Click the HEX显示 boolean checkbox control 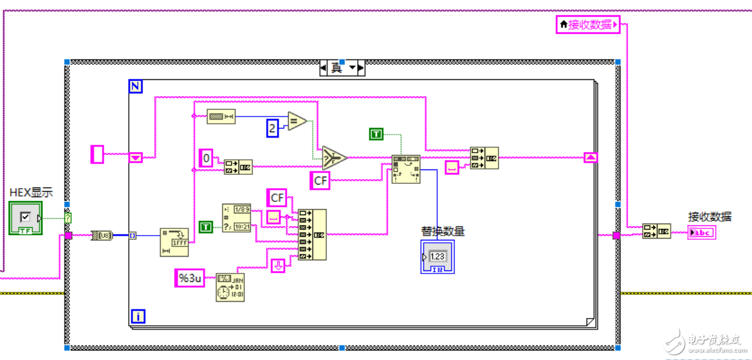pos(25,218)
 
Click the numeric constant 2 pos(272,128)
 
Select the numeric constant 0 pos(206,159)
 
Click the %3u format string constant pos(190,278)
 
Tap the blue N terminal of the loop pos(136,87)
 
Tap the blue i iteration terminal pos(138,316)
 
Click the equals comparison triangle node pos(297,121)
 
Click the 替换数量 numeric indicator pos(438,256)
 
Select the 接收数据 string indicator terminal pos(702,233)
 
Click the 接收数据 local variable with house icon pos(588,25)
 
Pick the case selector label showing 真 pos(337,68)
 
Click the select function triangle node pos(334,157)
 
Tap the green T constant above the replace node pos(376,134)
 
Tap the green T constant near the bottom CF pos(206,227)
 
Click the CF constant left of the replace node pos(320,180)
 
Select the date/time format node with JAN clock pos(230,287)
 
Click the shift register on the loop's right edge pos(591,157)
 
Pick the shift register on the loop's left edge pos(136,157)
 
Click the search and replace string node pos(406,169)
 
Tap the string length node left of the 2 pos(221,117)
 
